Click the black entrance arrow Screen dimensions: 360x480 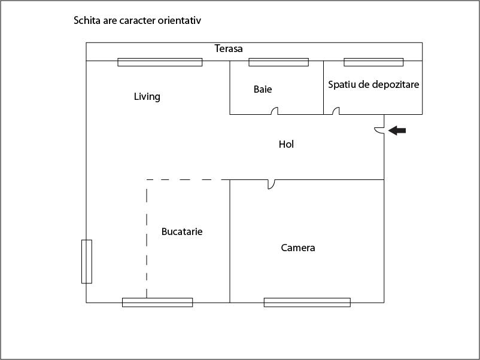[x=397, y=130]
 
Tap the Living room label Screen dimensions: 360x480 [x=147, y=96]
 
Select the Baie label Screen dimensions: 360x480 [x=263, y=89]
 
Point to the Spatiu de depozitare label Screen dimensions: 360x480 [x=373, y=84]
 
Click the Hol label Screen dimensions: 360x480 [x=286, y=144]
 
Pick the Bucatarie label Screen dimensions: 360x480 [x=182, y=231]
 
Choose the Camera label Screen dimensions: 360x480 [x=298, y=248]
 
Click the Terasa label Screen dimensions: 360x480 [x=229, y=48]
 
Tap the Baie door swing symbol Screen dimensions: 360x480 [x=275, y=111]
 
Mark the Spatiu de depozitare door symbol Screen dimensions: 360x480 [x=336, y=111]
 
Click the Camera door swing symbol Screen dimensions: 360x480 [x=271, y=184]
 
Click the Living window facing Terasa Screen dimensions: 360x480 [x=160, y=62]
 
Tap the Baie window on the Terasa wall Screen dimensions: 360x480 [x=278, y=62]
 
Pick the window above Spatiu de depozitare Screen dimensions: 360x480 [x=373, y=62]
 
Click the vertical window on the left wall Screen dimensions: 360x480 [x=87, y=261]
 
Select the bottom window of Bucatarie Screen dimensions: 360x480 [x=157, y=303]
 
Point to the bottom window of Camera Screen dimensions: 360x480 [x=307, y=303]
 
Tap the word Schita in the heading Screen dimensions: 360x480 [x=86, y=20]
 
